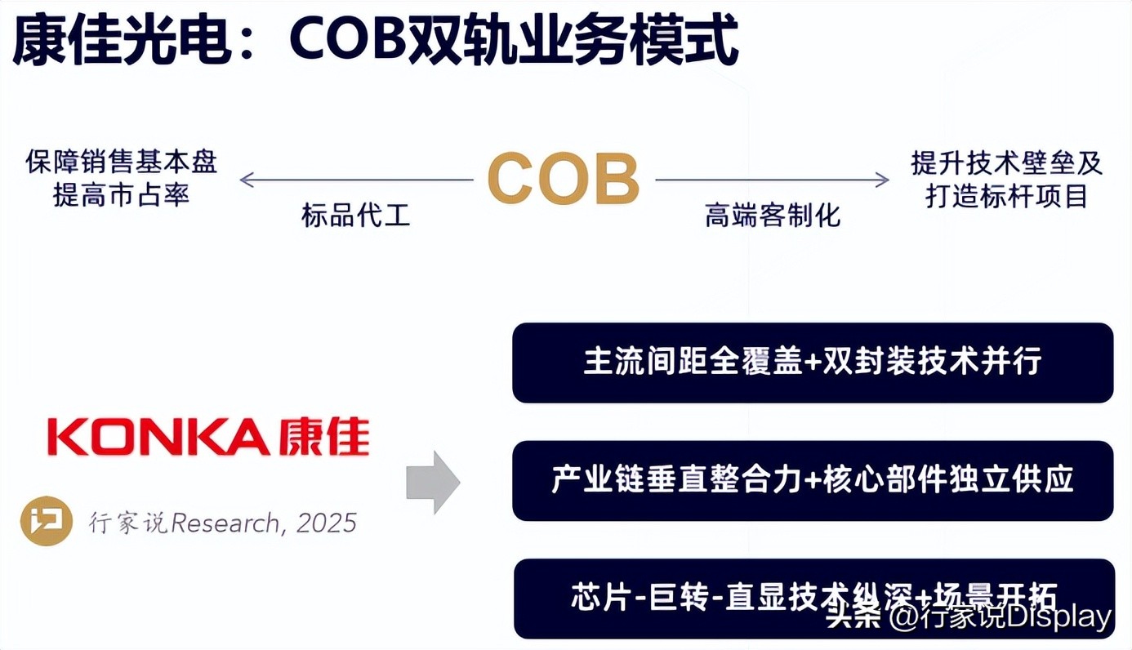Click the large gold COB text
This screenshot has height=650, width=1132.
point(564,179)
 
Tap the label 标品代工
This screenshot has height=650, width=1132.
point(356,216)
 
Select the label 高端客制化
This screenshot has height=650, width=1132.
point(772,216)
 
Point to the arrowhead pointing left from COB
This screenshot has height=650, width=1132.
point(247,180)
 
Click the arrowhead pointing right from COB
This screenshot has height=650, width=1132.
point(882,180)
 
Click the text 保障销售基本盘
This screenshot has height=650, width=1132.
point(121,162)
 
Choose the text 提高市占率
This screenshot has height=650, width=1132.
point(121,195)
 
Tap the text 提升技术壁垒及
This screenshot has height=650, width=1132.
point(1006,162)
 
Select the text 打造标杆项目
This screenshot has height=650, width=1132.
point(1006,196)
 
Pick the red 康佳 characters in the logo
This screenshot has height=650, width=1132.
point(324,437)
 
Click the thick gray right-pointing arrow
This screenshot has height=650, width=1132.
point(433,483)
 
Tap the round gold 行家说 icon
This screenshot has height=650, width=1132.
point(46,521)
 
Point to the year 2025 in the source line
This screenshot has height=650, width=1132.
point(327,523)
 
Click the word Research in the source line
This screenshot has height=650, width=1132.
point(225,523)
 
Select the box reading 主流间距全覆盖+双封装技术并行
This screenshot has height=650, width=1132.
point(813,363)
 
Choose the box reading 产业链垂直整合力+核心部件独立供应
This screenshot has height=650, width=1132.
point(813,481)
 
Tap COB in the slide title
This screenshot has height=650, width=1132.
point(348,39)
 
